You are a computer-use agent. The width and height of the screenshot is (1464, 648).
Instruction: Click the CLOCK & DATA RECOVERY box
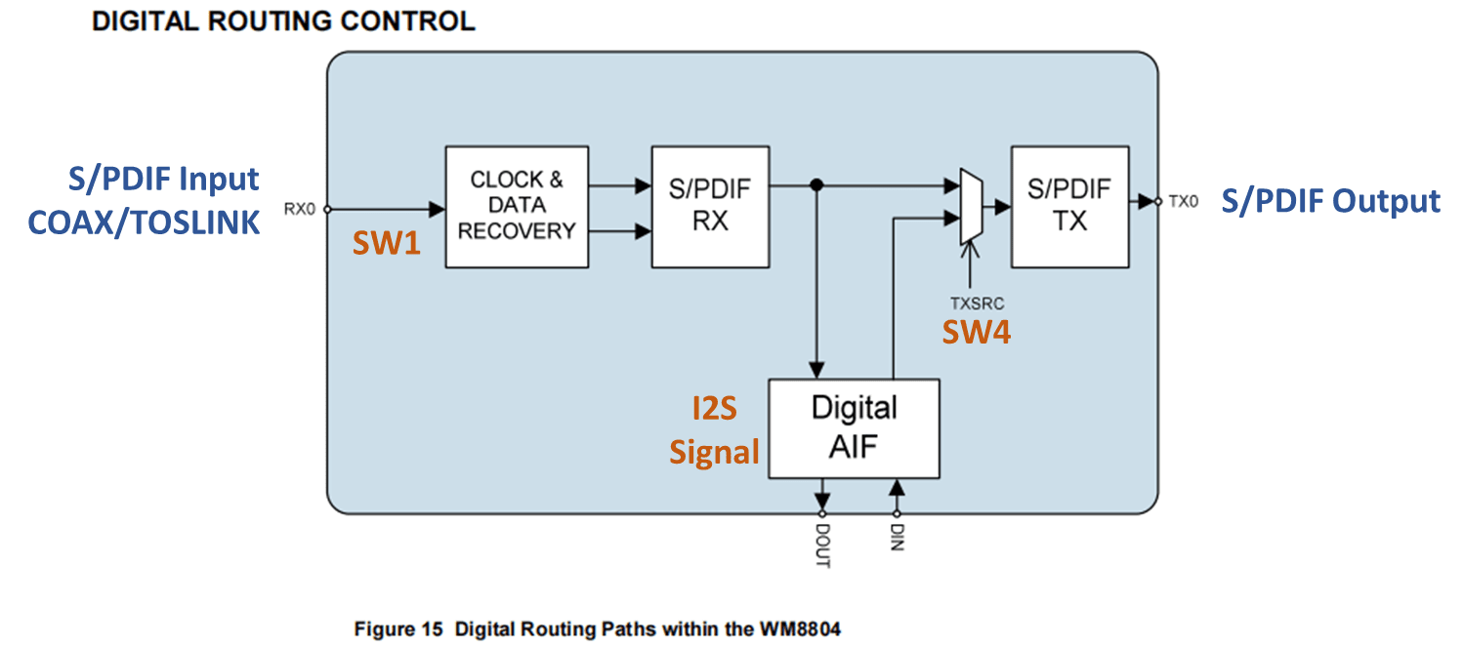[517, 206]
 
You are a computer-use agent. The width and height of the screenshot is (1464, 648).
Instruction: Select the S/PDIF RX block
[710, 206]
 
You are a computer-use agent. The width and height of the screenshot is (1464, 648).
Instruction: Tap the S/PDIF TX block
[1069, 206]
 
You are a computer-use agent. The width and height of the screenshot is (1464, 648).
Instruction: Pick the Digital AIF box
[854, 428]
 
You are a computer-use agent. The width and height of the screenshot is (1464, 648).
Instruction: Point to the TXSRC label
[976, 304]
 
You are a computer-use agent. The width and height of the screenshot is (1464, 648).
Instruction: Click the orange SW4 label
[976, 333]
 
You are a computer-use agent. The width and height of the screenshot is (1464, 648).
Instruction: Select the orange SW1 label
[386, 244]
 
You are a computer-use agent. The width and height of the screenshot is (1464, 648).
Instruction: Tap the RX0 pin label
[300, 208]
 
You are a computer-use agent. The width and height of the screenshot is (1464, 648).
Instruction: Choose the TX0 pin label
[1182, 202]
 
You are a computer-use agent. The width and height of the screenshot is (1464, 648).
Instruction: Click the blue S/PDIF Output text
[1330, 201]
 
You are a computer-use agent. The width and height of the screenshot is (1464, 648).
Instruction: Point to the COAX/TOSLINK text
[144, 223]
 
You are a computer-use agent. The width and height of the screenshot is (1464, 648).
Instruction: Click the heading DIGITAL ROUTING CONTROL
[283, 20]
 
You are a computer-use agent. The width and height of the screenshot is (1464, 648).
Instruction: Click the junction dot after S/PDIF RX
[816, 183]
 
